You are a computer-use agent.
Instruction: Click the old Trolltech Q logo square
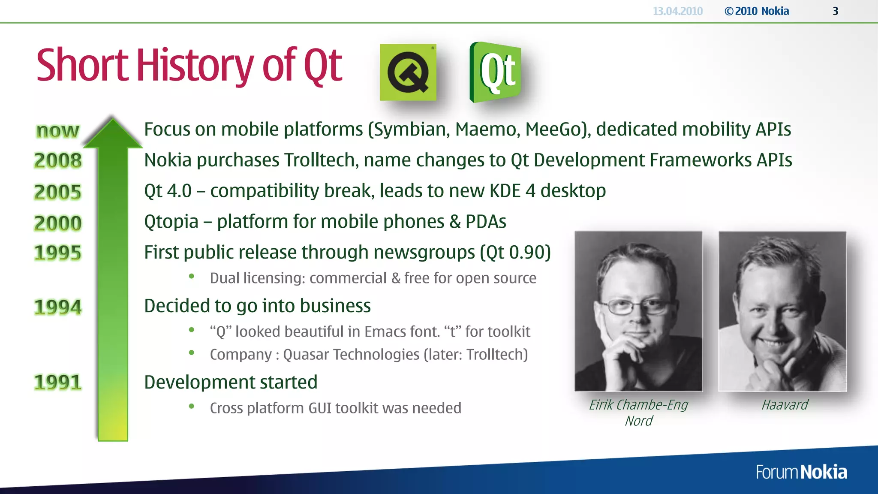408,72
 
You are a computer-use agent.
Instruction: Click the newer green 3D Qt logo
496,72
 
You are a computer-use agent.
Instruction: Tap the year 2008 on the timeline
58,161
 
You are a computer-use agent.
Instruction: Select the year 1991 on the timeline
58,383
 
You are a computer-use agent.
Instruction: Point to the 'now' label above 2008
58,130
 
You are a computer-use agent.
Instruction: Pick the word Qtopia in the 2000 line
171,222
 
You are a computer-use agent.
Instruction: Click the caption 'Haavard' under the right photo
784,405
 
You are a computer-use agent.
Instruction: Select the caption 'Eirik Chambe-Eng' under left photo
638,405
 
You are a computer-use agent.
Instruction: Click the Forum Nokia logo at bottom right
801,472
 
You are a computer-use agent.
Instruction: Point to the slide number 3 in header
835,11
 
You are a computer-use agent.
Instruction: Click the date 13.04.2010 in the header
677,11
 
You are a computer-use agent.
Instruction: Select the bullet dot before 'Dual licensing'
192,277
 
